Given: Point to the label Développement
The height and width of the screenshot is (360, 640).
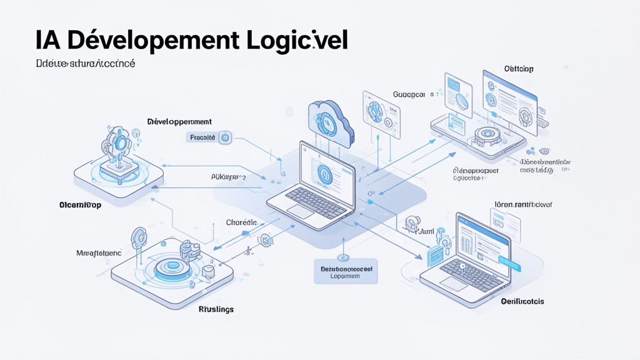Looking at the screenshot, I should click(179, 121).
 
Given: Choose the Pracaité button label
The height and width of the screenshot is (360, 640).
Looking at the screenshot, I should click(202, 137).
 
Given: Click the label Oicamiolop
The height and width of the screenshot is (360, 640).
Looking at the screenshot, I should click(81, 204).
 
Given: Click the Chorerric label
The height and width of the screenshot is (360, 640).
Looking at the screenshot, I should click(241, 222).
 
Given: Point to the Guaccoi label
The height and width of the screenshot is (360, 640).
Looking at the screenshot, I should click(409, 94).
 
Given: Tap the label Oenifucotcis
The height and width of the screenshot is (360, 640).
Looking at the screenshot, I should click(522, 301).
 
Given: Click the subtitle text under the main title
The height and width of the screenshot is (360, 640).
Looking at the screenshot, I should click(77, 64).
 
